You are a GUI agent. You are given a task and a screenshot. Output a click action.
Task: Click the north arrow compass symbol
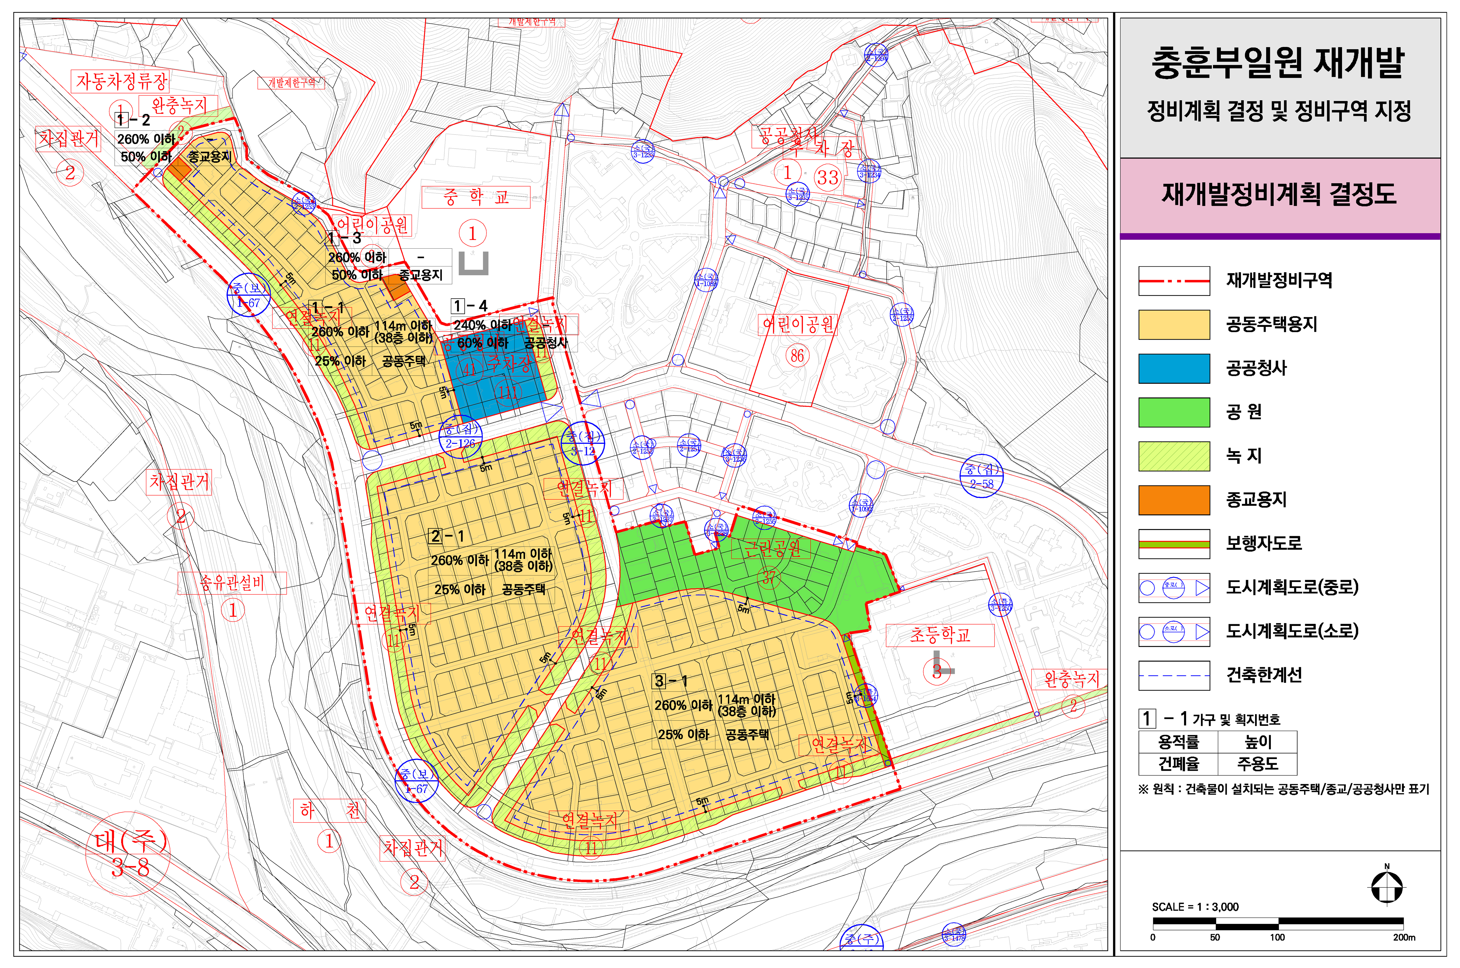[1386, 887]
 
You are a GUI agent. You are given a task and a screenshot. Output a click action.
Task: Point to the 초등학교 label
[939, 635]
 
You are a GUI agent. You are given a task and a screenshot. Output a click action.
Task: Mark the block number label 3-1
[670, 681]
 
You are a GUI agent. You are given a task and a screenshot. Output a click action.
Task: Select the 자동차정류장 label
[121, 81]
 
